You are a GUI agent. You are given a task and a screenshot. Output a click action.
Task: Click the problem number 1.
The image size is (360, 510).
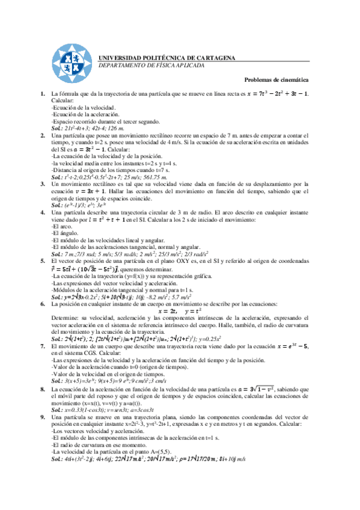point(42,94)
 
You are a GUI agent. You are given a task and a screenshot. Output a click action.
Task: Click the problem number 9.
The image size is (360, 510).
point(42,416)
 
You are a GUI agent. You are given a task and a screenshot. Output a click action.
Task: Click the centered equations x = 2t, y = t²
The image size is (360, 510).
point(180,312)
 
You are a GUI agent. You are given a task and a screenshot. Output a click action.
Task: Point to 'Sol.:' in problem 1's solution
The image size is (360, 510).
point(57,128)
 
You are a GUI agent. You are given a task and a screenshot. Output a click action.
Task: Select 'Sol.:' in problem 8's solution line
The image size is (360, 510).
point(57,410)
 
